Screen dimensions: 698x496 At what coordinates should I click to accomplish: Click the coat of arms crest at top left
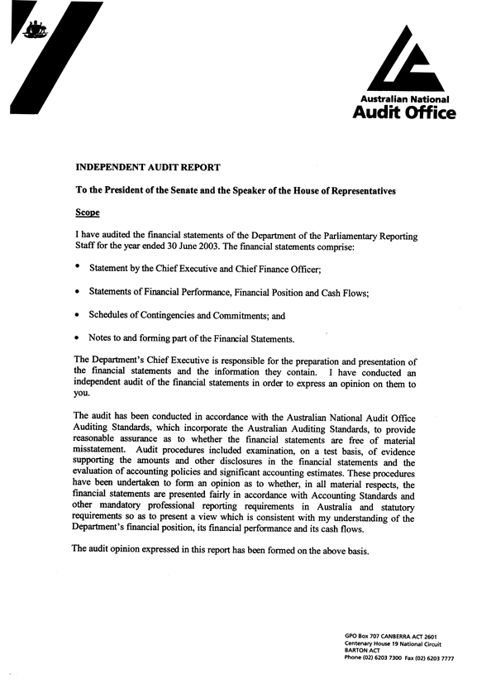pos(34,32)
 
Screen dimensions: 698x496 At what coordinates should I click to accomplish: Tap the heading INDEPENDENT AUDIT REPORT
pos(148,167)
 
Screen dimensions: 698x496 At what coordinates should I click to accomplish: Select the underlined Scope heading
pos(87,213)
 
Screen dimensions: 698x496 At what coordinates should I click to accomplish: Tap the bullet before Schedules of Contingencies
pos(78,315)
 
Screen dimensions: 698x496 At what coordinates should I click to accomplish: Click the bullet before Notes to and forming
pos(78,338)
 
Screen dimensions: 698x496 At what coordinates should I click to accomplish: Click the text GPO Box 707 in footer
pos(364,635)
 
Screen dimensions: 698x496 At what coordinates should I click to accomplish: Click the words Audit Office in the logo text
pos(403,113)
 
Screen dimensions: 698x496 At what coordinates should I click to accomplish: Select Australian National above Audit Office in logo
pos(405,99)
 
